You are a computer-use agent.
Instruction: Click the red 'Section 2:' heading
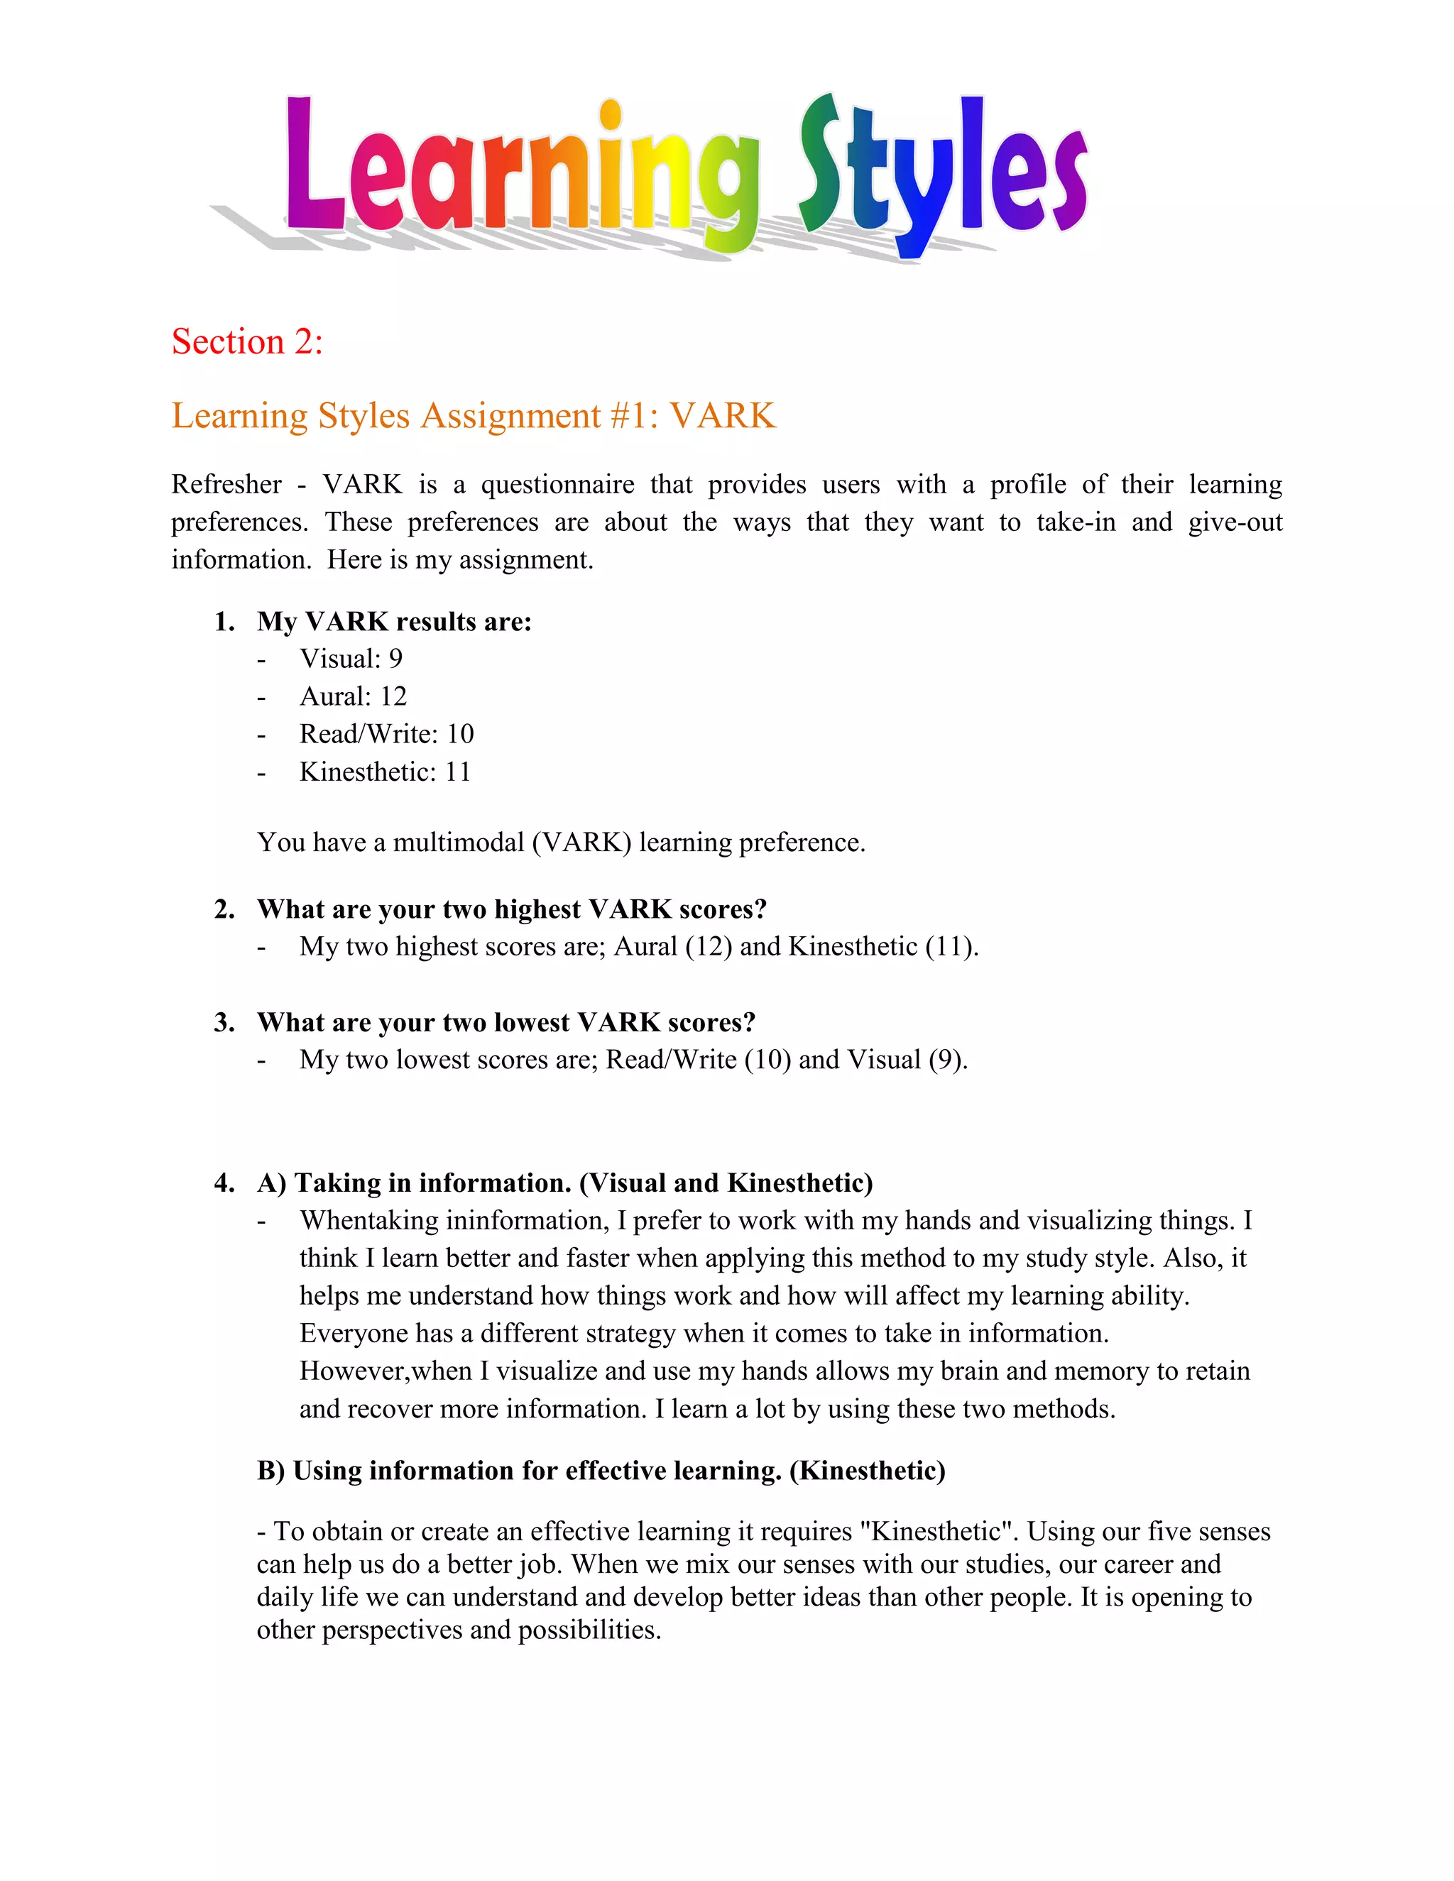tap(247, 342)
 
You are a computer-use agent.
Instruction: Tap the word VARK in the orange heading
tap(723, 416)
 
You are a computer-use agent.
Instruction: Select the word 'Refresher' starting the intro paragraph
tap(226, 485)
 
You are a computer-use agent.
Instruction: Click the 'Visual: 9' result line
tap(351, 659)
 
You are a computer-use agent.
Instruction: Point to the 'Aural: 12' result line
tap(353, 696)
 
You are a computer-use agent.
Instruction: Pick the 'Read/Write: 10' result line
tap(387, 734)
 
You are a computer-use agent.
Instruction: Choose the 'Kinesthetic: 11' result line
tap(385, 772)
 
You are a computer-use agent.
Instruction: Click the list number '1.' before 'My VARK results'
tap(224, 622)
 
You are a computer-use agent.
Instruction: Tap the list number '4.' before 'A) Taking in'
tap(224, 1183)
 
